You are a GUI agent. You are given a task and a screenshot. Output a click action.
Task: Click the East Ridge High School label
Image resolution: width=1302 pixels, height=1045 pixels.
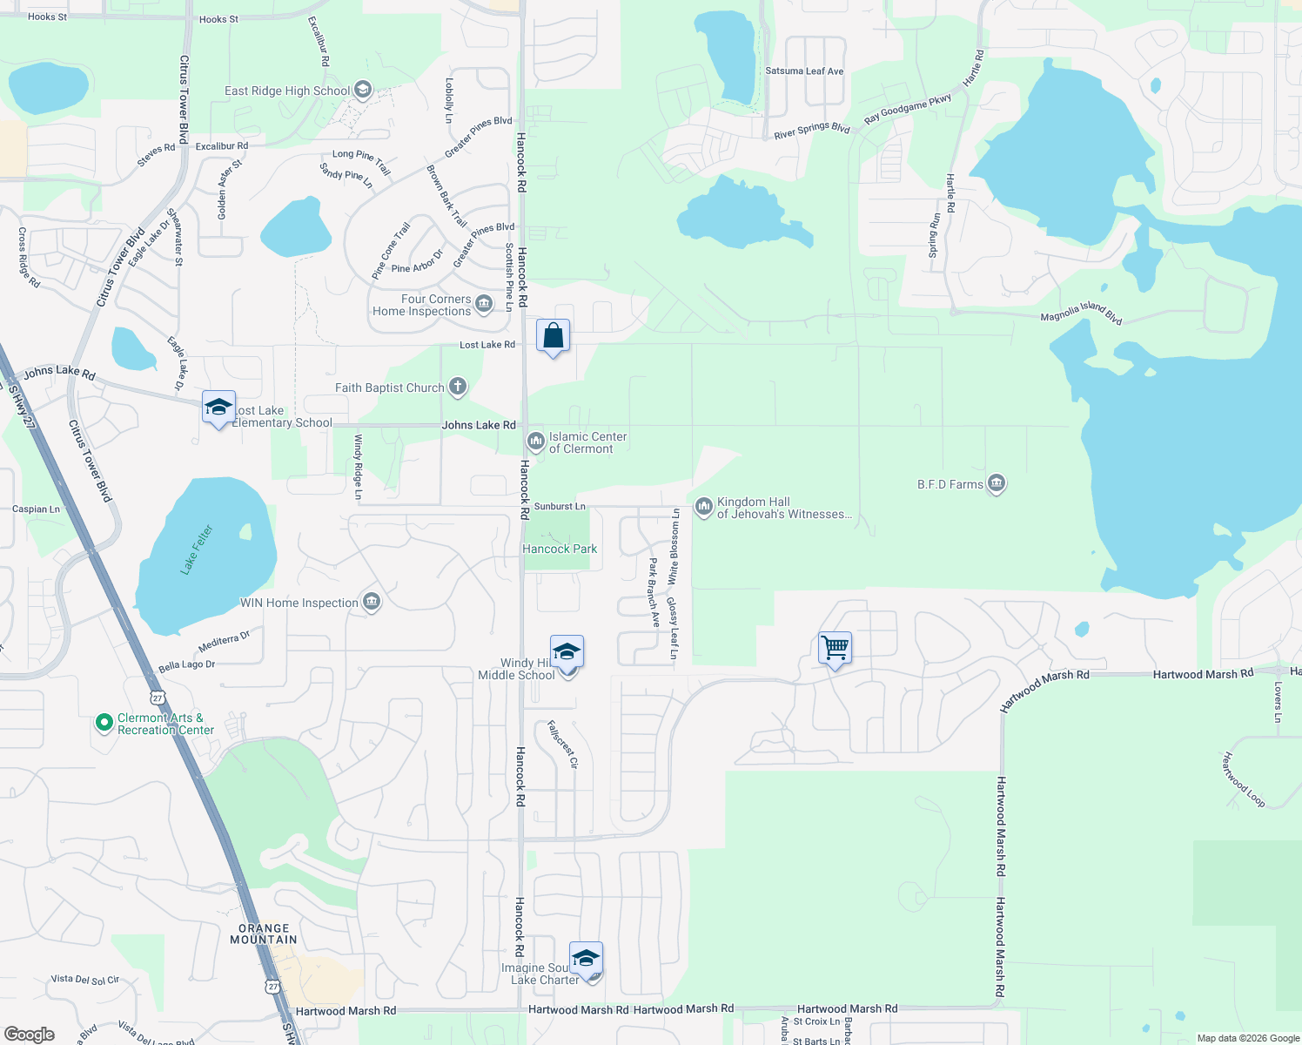[287, 91]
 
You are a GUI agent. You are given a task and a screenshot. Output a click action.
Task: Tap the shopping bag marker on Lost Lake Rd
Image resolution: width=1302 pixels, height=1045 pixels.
[554, 336]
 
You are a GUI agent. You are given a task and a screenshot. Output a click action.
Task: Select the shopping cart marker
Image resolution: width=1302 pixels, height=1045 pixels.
[835, 648]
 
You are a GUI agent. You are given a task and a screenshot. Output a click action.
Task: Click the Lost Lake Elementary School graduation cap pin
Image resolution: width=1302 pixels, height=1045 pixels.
[218, 408]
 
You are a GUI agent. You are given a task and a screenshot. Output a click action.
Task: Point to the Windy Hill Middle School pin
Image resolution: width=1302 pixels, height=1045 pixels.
[567, 652]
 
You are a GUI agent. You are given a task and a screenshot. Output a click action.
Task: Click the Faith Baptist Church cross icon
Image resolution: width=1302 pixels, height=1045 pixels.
[458, 388]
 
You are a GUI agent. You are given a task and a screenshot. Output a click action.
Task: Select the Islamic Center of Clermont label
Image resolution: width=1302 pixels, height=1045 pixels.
[587, 442]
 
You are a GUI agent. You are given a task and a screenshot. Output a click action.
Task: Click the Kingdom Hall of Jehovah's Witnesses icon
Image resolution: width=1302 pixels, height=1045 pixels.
[703, 506]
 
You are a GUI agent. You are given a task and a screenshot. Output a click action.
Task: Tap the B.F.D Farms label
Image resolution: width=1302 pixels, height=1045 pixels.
[950, 484]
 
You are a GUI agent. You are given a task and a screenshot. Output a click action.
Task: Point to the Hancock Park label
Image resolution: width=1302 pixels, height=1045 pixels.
[560, 549]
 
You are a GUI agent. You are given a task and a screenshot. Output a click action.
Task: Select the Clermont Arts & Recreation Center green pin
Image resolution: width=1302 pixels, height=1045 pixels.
[104, 723]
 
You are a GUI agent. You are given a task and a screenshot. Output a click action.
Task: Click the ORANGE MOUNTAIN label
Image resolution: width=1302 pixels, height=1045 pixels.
[264, 934]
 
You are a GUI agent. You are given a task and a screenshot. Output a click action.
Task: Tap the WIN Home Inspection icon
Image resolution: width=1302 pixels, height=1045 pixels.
[372, 602]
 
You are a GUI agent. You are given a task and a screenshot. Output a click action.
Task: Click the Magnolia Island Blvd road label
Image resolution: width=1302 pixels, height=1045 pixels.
[1081, 313]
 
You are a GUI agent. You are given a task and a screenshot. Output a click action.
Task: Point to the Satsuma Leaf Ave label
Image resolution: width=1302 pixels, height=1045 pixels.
[804, 71]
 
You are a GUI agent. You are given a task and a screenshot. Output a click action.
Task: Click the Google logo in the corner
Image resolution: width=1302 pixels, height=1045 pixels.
[29, 1034]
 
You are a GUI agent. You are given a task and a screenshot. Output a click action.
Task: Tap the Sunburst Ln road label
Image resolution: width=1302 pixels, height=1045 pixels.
[560, 506]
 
